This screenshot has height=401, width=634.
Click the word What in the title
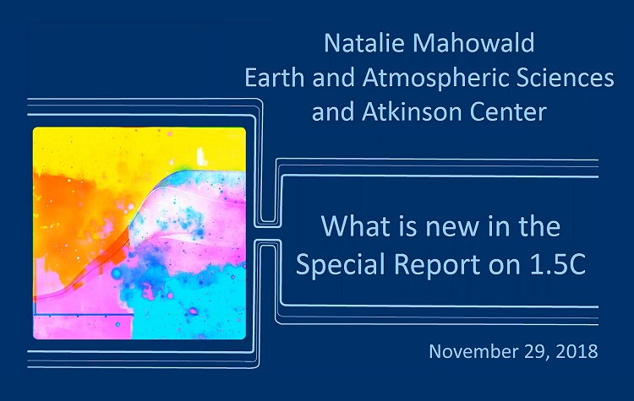coord(355,227)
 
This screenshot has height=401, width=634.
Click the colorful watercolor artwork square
coord(139,233)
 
